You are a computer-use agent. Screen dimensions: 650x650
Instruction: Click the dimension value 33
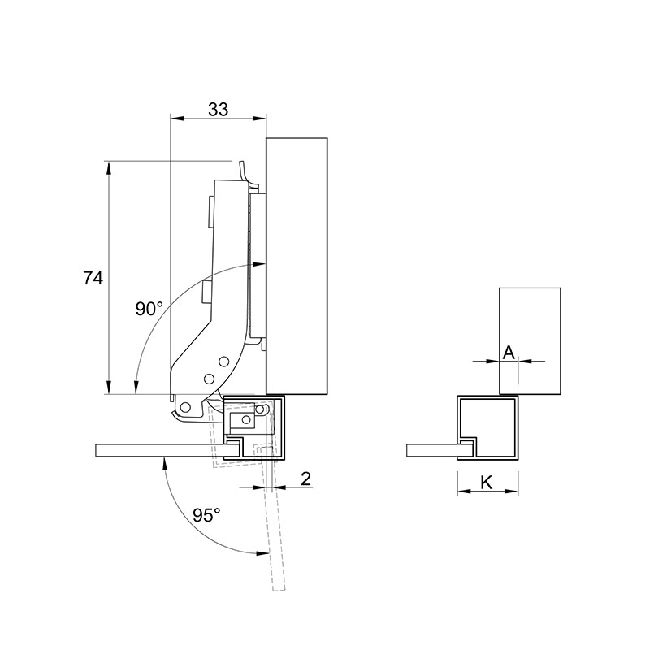tap(218, 110)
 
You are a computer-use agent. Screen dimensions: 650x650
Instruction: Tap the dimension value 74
tap(93, 278)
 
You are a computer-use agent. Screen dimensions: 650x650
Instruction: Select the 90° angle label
tap(149, 309)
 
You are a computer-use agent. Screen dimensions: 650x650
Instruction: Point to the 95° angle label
tap(206, 515)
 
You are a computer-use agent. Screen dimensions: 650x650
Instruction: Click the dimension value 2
tap(305, 479)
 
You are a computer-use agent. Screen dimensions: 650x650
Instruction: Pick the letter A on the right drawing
tap(509, 353)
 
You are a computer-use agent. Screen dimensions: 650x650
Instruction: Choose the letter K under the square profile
tap(487, 483)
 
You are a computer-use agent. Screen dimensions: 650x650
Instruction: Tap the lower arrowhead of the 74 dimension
tap(109, 388)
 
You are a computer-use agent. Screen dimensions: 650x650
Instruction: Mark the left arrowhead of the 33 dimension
tap(176, 119)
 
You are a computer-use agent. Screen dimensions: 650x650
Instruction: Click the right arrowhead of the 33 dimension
tap(259, 119)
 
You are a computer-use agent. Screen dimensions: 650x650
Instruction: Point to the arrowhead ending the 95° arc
tap(262, 552)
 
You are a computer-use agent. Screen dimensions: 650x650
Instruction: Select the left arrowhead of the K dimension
tap(463, 492)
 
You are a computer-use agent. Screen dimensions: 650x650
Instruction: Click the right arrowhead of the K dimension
tap(512, 492)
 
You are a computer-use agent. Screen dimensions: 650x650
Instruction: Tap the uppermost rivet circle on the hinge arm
tap(224, 362)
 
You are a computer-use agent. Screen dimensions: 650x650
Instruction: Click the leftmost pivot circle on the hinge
tap(186, 408)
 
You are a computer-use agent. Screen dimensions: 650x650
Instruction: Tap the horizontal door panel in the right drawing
tap(432, 451)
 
